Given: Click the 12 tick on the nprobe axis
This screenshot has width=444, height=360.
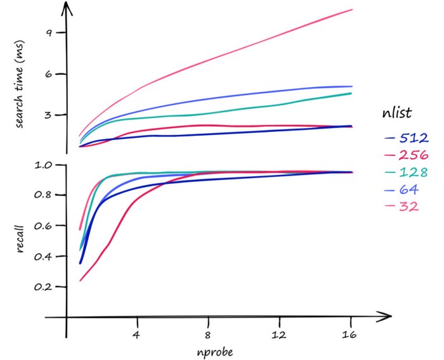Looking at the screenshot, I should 278,333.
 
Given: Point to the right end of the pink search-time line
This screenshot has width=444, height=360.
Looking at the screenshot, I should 352,10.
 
